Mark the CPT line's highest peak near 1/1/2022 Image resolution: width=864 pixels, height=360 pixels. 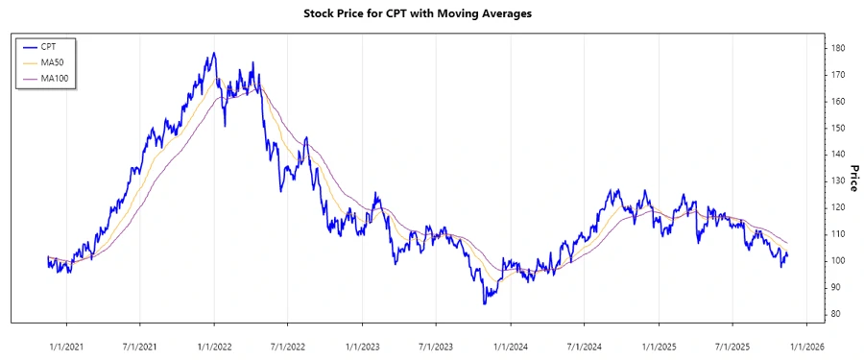tap(214, 53)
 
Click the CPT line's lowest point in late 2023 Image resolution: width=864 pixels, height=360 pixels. tap(484, 303)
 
